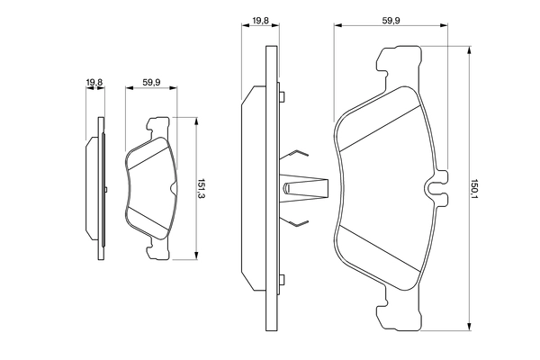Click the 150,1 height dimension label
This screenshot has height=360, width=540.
pyautogui.click(x=475, y=188)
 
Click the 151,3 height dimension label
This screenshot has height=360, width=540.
pyautogui.click(x=201, y=188)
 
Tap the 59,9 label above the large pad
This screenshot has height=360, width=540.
pyautogui.click(x=391, y=21)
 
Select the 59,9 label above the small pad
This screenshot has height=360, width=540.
pyautogui.click(x=151, y=83)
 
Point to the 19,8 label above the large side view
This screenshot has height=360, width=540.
pyautogui.click(x=260, y=21)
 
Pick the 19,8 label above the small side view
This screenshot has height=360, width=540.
pyautogui.click(x=94, y=83)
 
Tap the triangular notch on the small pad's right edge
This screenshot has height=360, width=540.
pyautogui.click(x=173, y=188)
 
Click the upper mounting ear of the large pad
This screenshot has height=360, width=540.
pyautogui.click(x=399, y=62)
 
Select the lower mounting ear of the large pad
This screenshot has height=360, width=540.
pyautogui.click(x=399, y=314)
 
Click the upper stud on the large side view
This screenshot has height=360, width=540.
pyautogui.click(x=282, y=96)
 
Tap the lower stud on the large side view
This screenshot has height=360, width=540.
pyautogui.click(x=282, y=280)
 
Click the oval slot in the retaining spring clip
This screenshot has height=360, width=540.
pyautogui.click(x=287, y=188)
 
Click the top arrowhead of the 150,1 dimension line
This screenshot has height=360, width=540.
pyautogui.click(x=469, y=50)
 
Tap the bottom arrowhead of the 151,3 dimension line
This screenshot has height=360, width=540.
pyautogui.click(x=196, y=256)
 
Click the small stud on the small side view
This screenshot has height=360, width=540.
pyautogui.click(x=106, y=189)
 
